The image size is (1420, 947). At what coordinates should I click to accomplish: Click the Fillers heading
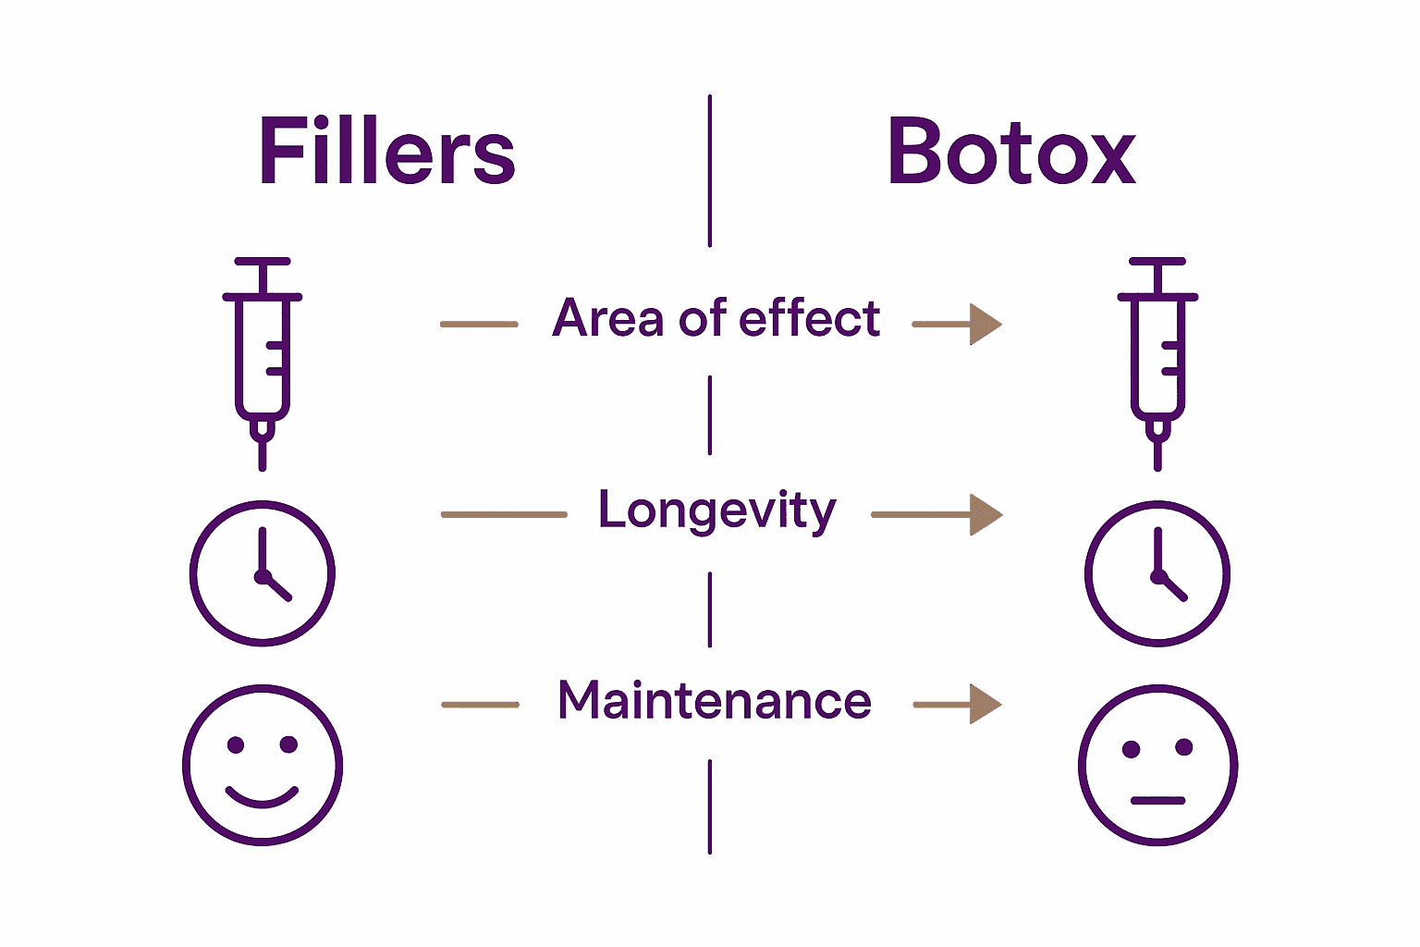[386, 152]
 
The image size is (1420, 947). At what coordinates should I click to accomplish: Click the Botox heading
[1011, 152]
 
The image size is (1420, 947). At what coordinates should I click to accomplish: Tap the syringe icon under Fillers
[263, 361]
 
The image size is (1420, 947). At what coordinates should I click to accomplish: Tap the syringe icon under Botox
[1157, 361]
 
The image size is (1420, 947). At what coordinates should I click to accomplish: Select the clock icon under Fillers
[263, 573]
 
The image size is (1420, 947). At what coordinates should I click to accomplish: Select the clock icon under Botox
[1157, 573]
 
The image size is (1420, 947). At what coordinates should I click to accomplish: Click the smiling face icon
[263, 765]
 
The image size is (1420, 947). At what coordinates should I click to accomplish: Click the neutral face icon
[1157, 765]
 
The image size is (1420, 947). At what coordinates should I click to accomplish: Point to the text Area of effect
[716, 319]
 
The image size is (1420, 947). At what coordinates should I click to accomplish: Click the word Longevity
[716, 511]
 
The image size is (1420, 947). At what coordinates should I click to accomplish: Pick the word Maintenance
[715, 701]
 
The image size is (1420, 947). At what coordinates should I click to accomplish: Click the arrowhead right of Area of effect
[985, 325]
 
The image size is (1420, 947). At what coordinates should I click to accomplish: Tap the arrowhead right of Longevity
[985, 515]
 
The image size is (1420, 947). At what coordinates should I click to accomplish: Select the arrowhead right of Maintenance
[985, 705]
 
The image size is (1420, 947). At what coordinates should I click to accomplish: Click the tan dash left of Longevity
[504, 515]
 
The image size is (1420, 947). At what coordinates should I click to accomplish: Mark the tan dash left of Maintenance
[480, 705]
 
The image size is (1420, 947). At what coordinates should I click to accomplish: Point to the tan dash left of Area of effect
[479, 325]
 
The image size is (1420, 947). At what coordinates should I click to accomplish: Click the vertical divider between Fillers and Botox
[710, 171]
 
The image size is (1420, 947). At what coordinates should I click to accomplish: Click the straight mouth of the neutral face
[1157, 800]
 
